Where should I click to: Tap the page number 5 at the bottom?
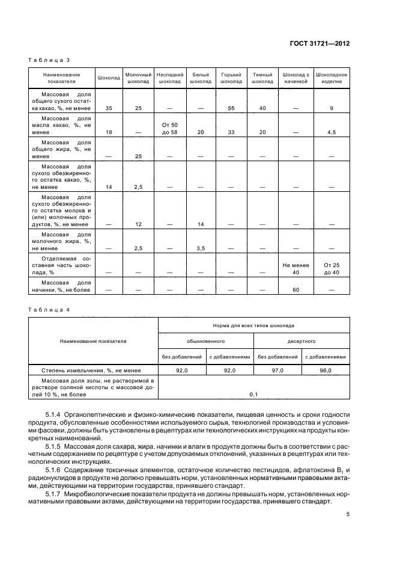coord(348,514)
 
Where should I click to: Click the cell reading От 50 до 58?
coord(170,128)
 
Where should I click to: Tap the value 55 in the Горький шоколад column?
coord(231,108)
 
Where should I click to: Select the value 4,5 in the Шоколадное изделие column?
coord(332,132)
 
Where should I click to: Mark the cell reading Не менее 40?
coord(295,268)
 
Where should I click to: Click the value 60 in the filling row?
coord(295,289)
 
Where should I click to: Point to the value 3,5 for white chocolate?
coord(200,247)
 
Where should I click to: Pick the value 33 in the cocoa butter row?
coord(231,132)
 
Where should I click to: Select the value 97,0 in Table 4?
coord(277,371)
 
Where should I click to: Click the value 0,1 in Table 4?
coord(253,394)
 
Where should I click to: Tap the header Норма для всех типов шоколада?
coord(253,323)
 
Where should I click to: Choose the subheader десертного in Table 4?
coord(301,340)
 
